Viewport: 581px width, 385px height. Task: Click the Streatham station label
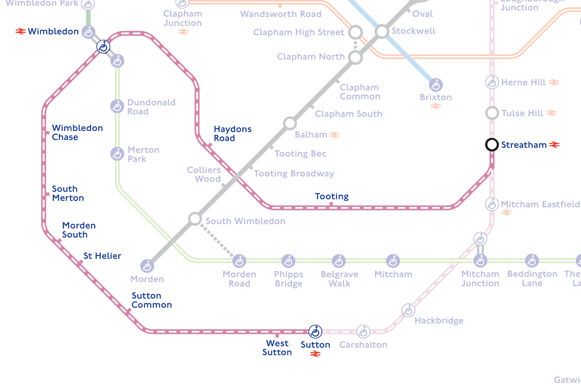[524, 145]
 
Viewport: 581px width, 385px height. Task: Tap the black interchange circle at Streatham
[492, 144]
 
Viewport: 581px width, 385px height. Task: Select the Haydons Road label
[232, 134]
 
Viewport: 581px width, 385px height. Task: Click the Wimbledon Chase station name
[77, 132]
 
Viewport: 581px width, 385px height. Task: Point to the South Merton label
[68, 193]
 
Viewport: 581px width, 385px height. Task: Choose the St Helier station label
[102, 256]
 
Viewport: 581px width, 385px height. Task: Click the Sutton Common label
[151, 300]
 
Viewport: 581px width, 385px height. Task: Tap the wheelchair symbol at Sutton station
[315, 332]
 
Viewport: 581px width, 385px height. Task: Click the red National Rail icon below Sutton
[315, 354]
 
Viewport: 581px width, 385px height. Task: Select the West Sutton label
[277, 348]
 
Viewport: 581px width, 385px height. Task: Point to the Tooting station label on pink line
[332, 196]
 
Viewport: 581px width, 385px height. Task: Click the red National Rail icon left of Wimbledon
[20, 31]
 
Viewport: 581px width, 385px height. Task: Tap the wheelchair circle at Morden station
[147, 266]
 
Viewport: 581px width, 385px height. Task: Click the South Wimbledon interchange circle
[195, 219]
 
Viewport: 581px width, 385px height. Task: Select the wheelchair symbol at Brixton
[436, 85]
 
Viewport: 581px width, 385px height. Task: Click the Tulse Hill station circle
[492, 113]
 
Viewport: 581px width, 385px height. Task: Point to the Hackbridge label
[439, 321]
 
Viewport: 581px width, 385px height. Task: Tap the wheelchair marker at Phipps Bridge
[288, 261]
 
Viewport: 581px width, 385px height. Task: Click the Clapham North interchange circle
[355, 57]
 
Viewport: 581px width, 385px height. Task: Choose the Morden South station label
[79, 230]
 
